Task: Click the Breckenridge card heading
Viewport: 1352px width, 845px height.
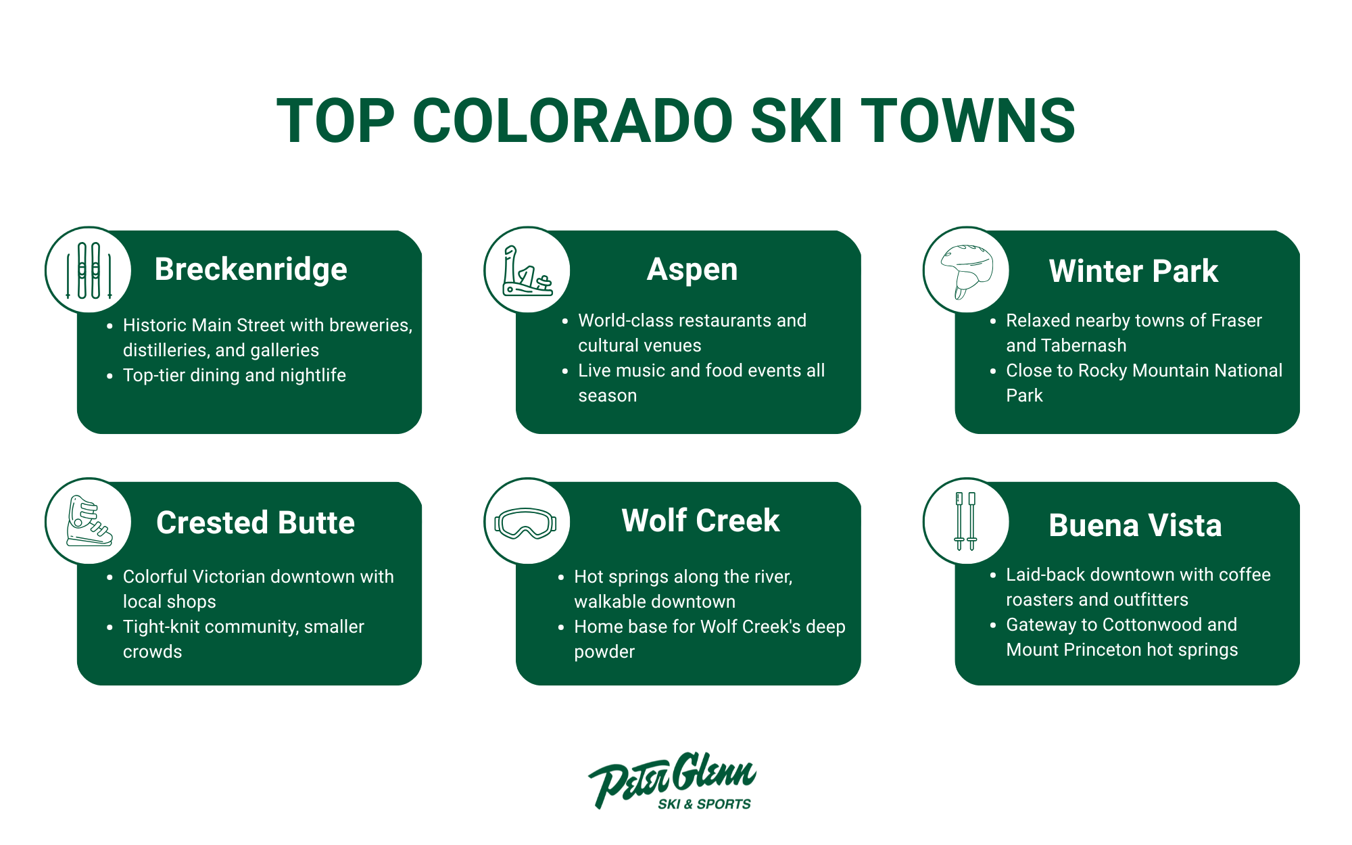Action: [x=251, y=269]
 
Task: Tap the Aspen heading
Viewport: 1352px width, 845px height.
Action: [x=692, y=269]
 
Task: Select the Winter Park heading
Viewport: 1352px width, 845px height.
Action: [x=1133, y=271]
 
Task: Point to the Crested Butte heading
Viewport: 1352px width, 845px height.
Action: [x=255, y=523]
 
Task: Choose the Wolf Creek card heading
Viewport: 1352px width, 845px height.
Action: [x=700, y=521]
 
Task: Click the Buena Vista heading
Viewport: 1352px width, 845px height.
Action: [x=1135, y=525]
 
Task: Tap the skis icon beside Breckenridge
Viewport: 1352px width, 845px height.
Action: [x=89, y=270]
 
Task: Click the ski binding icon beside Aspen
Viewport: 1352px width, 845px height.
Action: [x=527, y=270]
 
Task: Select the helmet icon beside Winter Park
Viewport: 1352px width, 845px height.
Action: [x=967, y=270]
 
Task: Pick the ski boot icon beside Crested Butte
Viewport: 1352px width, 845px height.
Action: [x=89, y=521]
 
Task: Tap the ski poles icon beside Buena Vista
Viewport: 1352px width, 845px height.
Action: [x=965, y=521]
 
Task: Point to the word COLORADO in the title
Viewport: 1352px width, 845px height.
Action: [x=572, y=121]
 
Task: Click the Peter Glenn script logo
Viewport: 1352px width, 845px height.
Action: [x=673, y=777]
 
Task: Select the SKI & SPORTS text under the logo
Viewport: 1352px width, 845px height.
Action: [x=704, y=804]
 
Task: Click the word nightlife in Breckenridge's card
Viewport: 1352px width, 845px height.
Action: [x=313, y=375]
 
